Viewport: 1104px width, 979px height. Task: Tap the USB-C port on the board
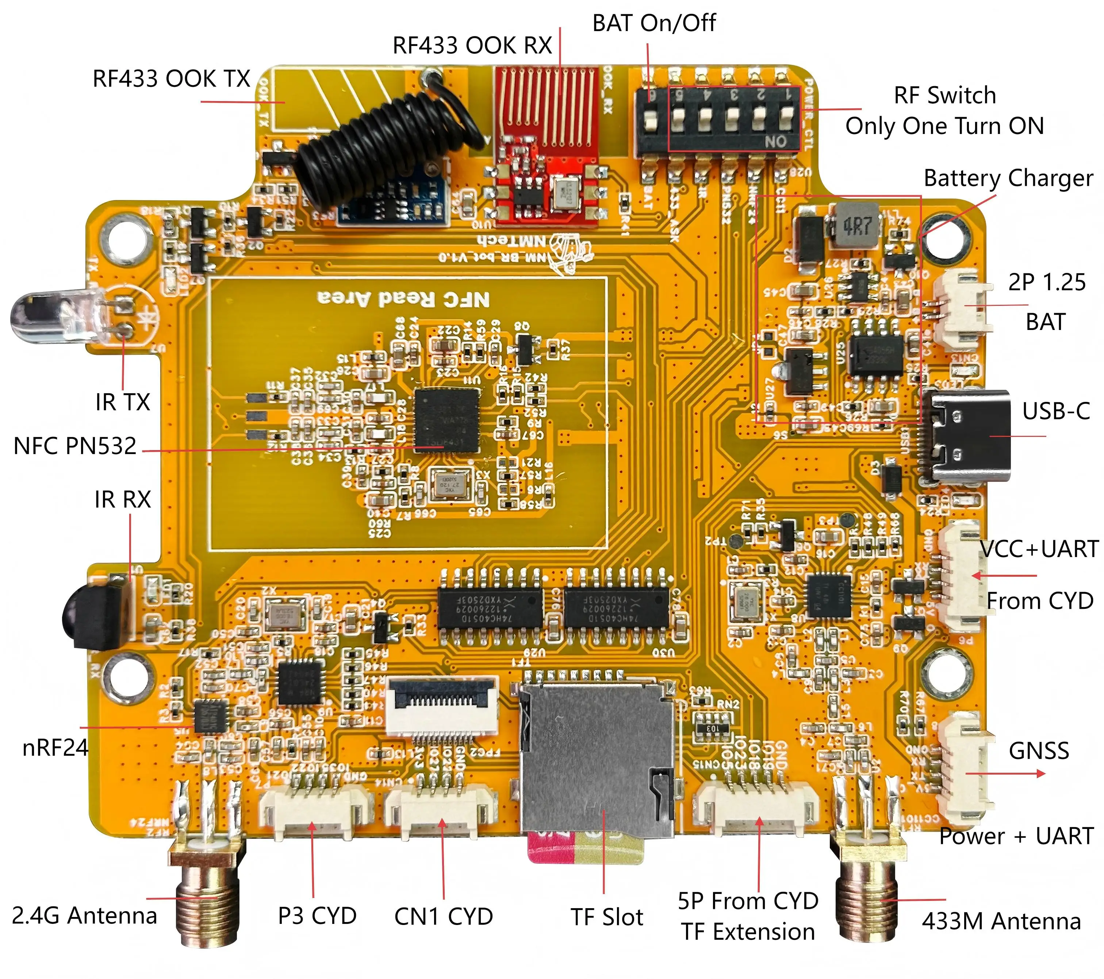(967, 436)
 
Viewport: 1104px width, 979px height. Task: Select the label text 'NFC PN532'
(74, 446)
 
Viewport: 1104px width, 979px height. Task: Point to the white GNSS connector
(967, 767)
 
